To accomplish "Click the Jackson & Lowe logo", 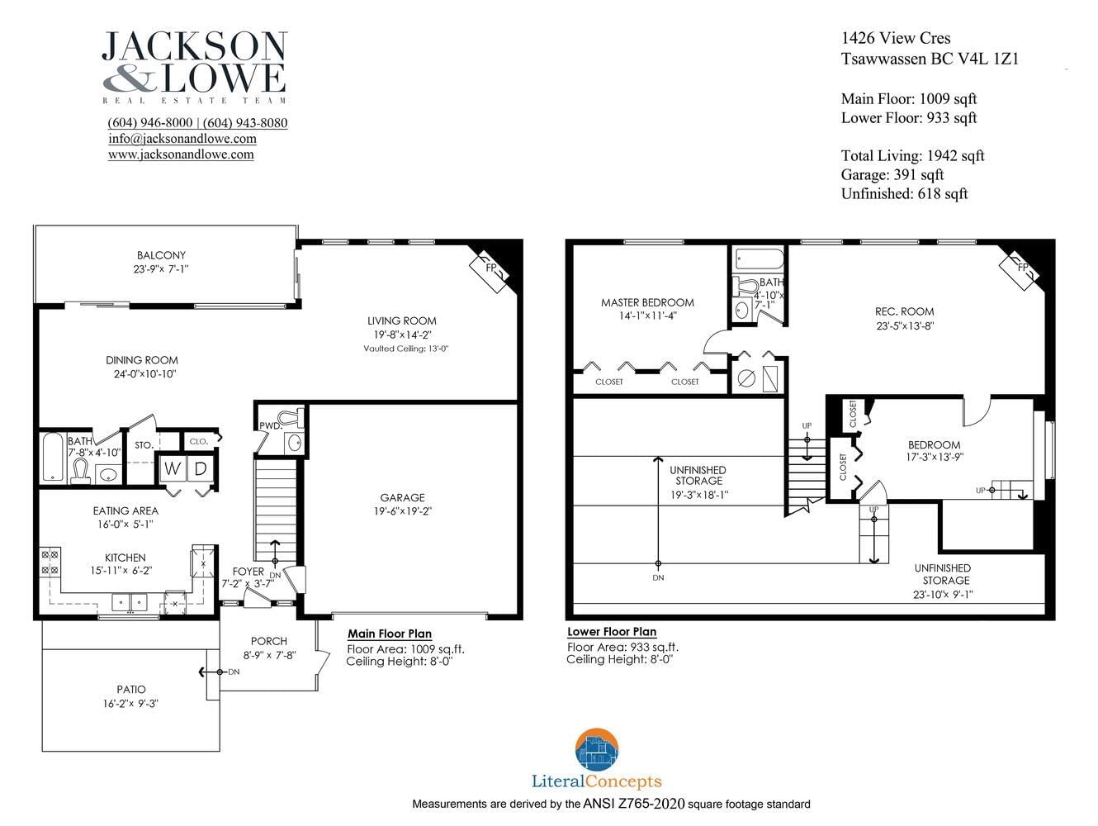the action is tap(195, 67).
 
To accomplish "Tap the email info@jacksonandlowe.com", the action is tap(182, 139).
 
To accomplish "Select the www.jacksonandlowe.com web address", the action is tap(181, 154).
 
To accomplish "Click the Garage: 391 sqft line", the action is tap(892, 174).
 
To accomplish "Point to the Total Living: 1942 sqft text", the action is tap(912, 155).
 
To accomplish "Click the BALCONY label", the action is tap(161, 255).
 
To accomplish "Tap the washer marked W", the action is tap(172, 469).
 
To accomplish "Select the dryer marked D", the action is tap(200, 469).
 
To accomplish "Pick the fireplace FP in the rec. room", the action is tap(1020, 269).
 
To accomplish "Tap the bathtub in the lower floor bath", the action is tap(760, 259).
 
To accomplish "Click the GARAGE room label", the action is tap(402, 497).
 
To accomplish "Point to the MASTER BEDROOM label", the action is tap(647, 302).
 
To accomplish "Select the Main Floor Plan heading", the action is tap(390, 634).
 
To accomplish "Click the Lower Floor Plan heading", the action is tap(612, 632).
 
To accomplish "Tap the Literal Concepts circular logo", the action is tap(597, 749).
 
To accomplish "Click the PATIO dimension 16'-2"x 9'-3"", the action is tap(130, 704).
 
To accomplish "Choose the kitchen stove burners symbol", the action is tap(50, 562).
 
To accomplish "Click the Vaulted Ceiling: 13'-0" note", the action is tap(405, 349).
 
